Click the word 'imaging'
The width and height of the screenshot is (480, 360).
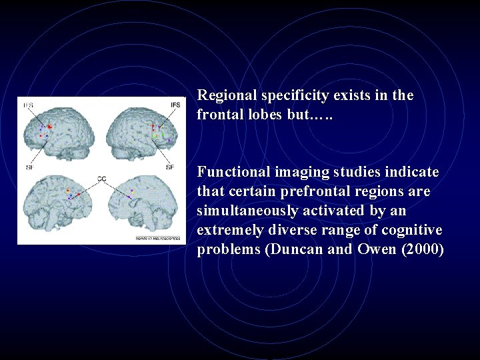pos(297,173)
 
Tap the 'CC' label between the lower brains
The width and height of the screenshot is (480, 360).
pos(102,179)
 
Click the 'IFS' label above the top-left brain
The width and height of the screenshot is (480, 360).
pos(29,105)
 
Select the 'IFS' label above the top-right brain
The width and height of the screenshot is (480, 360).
pos(175,105)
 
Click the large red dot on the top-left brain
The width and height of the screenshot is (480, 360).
pos(50,126)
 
